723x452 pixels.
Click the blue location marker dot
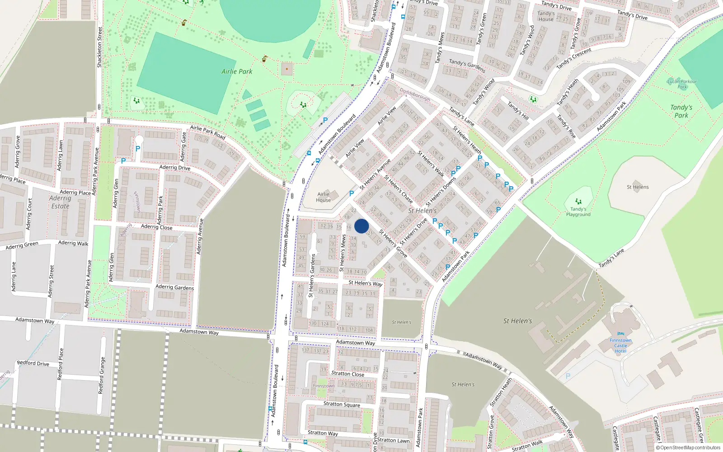[361, 226]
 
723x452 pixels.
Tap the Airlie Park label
[237, 71]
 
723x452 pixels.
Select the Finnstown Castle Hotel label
[620, 346]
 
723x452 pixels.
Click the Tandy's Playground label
[578, 212]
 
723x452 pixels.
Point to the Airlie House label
[324, 197]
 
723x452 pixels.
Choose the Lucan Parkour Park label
[682, 84]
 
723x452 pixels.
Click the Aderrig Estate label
[60, 202]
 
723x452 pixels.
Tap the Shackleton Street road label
[100, 47]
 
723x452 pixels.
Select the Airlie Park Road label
[207, 132]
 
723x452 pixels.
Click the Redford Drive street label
[33, 363]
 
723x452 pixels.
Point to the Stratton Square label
[342, 404]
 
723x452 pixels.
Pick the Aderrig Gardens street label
[174, 287]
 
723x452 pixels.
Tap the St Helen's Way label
[366, 283]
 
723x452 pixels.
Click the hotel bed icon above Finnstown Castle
[621, 334]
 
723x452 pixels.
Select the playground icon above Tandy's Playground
[578, 202]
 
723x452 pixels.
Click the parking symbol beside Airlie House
[352, 193]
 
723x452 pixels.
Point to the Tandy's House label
[546, 16]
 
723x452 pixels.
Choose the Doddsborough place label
[415, 94]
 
